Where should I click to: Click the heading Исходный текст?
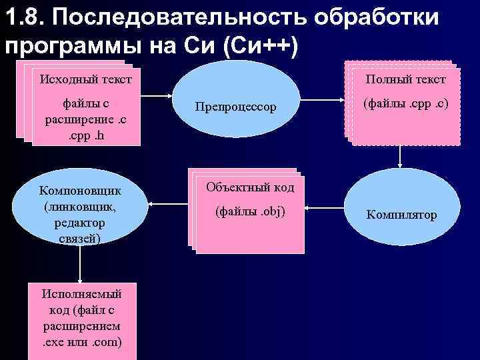click(x=85, y=79)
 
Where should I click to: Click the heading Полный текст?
click(x=405, y=79)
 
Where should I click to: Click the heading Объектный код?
click(x=250, y=187)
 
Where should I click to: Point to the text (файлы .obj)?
click(x=250, y=212)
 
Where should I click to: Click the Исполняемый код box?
click(x=81, y=318)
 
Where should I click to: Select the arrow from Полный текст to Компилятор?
click(x=400, y=156)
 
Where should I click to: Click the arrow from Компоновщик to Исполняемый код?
click(x=79, y=263)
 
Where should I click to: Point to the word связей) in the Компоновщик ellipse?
click(x=79, y=237)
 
